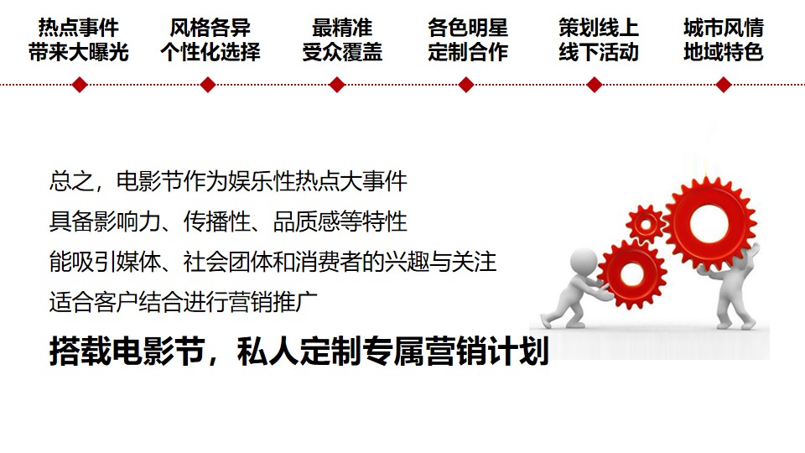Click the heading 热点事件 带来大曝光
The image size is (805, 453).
pos(79,40)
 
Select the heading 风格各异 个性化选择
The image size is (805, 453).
pos(210,40)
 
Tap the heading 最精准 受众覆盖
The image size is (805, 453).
pos(342,40)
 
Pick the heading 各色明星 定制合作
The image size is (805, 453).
pos(468,40)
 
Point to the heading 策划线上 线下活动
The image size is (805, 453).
pos(599,40)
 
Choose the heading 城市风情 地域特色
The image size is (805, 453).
pos(724,40)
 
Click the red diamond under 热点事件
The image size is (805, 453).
pos(80,85)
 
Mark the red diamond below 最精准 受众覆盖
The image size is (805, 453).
pos(337,85)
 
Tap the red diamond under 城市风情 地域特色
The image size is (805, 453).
pos(724,85)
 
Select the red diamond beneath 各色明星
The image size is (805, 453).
pos(466,85)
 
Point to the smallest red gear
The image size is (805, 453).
pos(645,224)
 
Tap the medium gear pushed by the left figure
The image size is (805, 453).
pos(632,273)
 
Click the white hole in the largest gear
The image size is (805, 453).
pos(709,223)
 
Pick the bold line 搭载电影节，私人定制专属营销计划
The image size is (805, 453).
pos(299,351)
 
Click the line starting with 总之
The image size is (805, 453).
pos(228,181)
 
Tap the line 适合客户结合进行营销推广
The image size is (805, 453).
pos(184,302)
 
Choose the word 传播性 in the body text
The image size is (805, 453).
pos(216,221)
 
